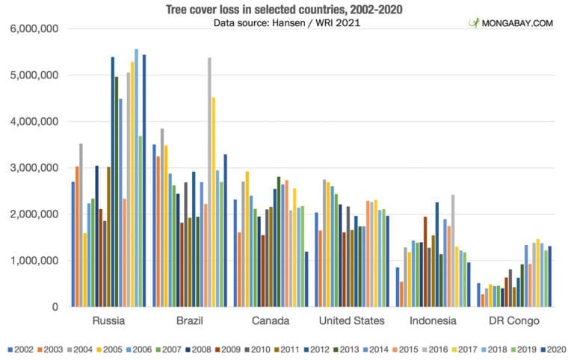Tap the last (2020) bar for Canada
point(306,279)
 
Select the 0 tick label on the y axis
point(56,307)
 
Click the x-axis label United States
point(351,321)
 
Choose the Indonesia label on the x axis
point(433,321)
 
